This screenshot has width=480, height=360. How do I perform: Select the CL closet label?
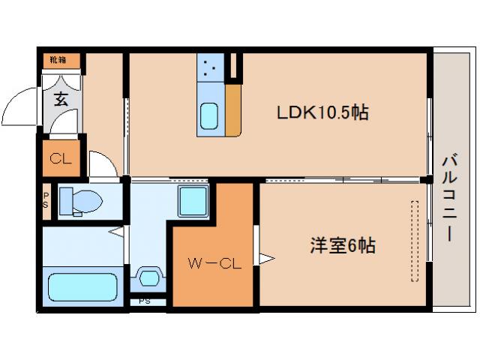click(60, 159)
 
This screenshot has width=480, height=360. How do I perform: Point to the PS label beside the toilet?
click(46, 202)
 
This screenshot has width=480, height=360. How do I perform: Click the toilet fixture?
click(78, 201)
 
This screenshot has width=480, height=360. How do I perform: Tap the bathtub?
click(82, 287)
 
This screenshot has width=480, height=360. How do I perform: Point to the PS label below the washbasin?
click(145, 302)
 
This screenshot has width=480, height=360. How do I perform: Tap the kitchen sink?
click(209, 115)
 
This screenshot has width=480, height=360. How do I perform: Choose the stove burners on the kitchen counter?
click(209, 69)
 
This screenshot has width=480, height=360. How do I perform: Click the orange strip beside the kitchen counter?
click(233, 109)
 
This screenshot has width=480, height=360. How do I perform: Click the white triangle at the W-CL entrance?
click(265, 259)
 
